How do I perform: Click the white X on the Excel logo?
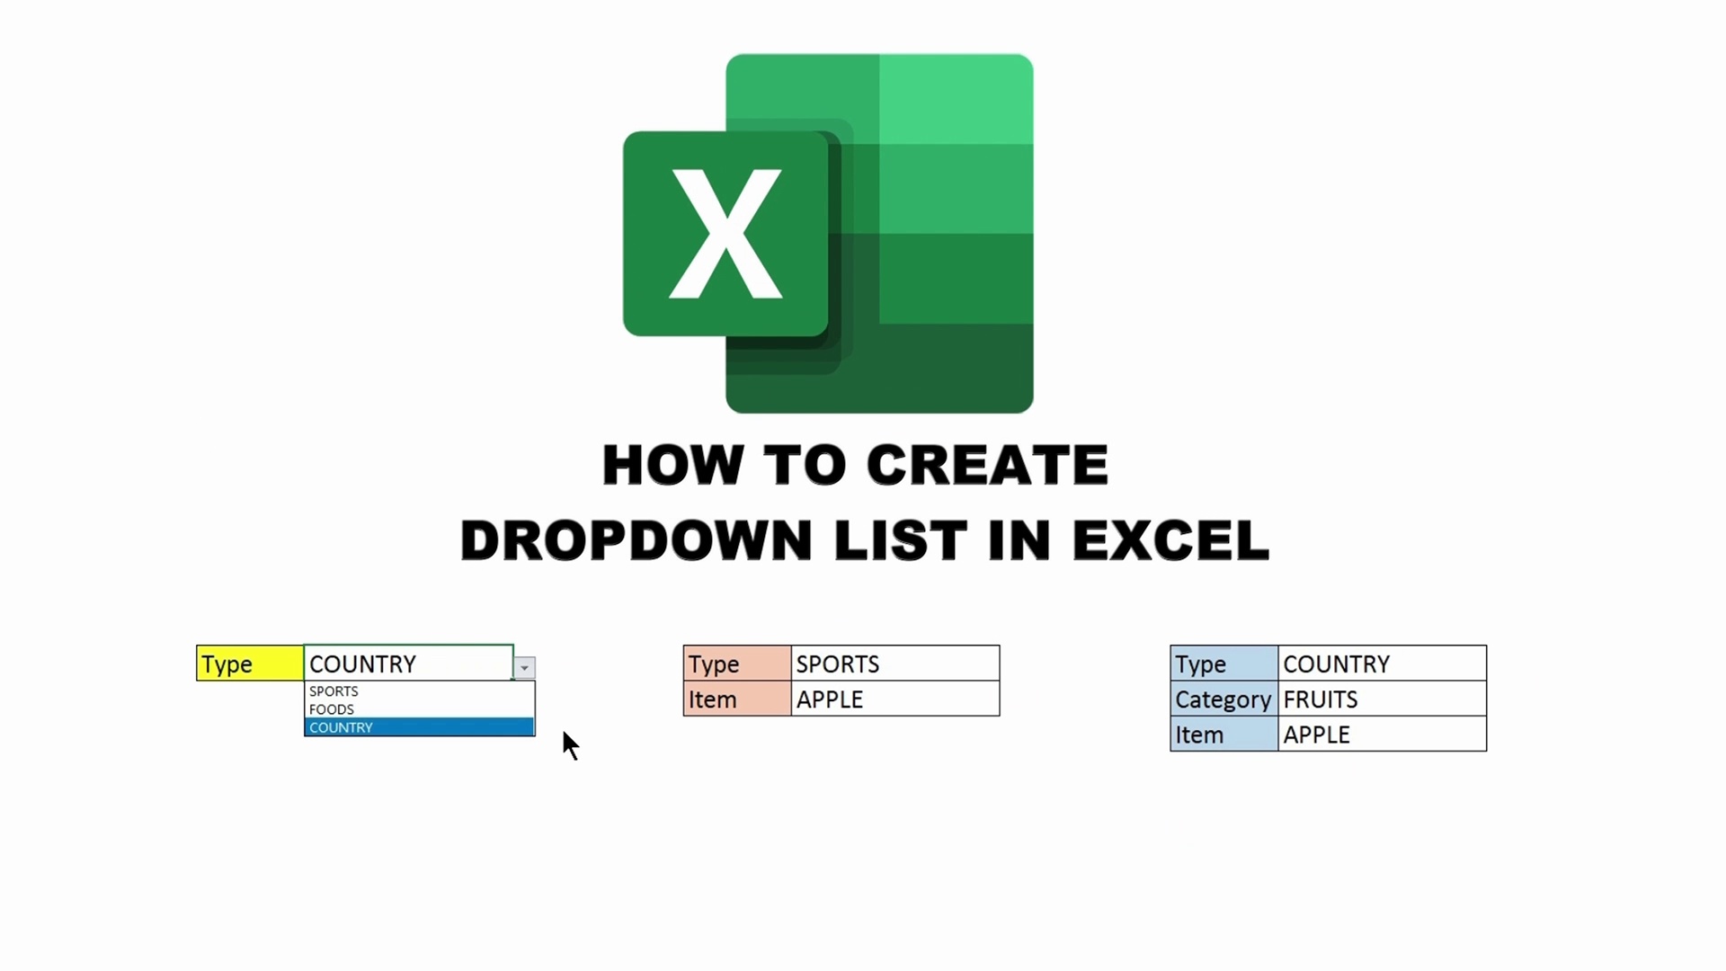coord(725,234)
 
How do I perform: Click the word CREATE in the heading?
coord(986,465)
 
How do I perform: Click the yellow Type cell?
coord(250,664)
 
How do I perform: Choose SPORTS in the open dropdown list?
coord(334,691)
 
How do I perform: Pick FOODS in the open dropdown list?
coord(332,709)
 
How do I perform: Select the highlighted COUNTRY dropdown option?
coord(418,727)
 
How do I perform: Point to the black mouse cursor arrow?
coord(569,744)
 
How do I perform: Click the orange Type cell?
coord(737,664)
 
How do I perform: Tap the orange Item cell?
coord(737,699)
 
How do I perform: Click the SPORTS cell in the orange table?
coord(894,664)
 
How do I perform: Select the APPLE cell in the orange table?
coord(894,699)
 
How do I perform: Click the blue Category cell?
coord(1223,699)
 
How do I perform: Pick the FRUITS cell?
coord(1381,699)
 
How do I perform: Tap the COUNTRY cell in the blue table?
coord(1381,664)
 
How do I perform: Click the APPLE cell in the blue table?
coord(1381,735)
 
